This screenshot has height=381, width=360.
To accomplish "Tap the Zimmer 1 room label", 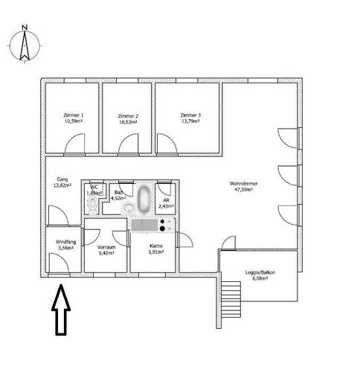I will pyautogui.click(x=72, y=115).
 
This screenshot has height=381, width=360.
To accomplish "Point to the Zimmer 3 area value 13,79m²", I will pyautogui.click(x=190, y=122).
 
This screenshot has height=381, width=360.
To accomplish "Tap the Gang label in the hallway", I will pyautogui.click(x=62, y=180).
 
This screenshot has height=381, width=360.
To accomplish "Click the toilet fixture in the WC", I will pyautogui.click(x=91, y=202).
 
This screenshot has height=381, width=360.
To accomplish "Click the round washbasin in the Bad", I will pyautogui.click(x=127, y=208).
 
